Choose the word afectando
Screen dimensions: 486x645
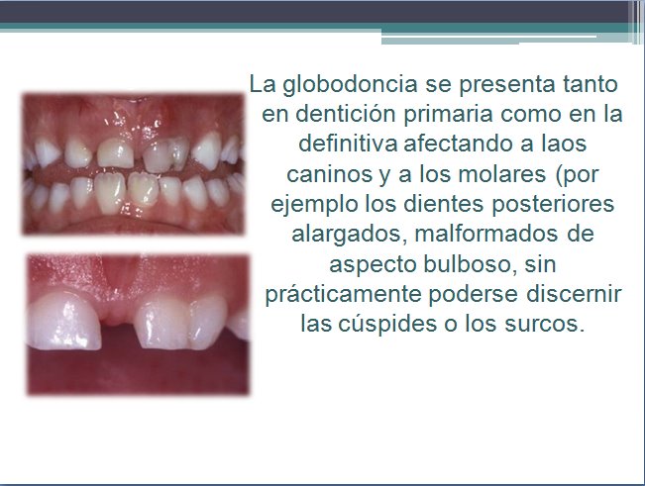[x=454, y=143]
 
